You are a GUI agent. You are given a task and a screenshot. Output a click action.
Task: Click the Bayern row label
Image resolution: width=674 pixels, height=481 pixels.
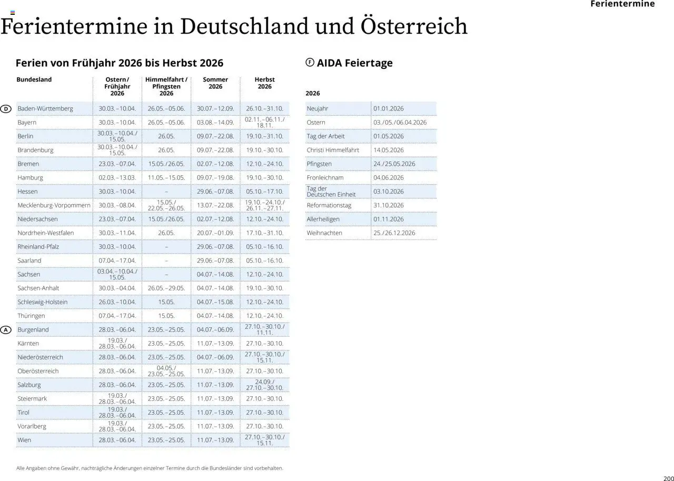tap(27, 123)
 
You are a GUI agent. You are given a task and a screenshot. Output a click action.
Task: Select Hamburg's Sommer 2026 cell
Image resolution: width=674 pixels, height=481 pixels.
tap(215, 178)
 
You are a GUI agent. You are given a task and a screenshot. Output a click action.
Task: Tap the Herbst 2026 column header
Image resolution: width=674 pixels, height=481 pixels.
tap(264, 83)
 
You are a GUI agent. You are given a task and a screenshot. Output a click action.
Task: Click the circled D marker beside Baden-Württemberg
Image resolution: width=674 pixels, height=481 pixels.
tap(5, 109)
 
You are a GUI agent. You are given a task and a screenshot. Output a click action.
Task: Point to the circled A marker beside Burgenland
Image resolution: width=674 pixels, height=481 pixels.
tap(5, 330)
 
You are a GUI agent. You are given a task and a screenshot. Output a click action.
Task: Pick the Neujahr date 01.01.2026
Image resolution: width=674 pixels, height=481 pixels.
tap(389, 109)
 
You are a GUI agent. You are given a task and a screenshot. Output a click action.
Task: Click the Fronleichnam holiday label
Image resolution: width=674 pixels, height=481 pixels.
tap(325, 178)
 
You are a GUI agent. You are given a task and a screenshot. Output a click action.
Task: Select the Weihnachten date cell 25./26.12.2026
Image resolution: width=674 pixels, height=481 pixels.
tap(394, 233)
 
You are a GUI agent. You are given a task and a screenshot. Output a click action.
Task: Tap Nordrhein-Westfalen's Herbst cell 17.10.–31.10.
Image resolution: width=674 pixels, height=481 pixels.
tap(264, 233)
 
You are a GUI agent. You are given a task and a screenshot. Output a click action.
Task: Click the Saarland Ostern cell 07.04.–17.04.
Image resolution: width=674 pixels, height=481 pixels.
tap(117, 260)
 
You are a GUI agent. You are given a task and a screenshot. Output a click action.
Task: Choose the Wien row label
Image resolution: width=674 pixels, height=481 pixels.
tap(24, 440)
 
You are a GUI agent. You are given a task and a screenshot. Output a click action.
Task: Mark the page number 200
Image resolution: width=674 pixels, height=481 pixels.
tap(669, 478)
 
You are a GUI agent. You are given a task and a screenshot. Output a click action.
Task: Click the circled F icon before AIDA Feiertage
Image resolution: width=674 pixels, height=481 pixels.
tap(310, 63)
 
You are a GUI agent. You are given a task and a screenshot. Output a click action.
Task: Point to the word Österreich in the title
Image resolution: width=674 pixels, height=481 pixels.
tap(414, 26)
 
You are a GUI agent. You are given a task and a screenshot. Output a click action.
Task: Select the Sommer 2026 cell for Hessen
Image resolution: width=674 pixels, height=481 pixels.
tap(215, 192)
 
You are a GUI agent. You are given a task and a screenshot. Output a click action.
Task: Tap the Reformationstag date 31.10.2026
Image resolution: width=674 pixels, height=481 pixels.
tap(389, 205)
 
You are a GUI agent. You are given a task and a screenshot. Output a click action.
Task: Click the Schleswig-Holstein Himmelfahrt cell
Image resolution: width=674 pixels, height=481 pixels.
tap(166, 302)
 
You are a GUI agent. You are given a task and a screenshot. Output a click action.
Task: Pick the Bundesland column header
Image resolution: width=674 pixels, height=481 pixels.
tap(34, 79)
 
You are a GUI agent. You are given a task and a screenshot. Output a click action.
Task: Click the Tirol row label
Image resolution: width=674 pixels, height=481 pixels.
tap(24, 413)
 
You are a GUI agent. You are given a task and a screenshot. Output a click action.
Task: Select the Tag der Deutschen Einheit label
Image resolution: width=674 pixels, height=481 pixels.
tap(331, 192)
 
